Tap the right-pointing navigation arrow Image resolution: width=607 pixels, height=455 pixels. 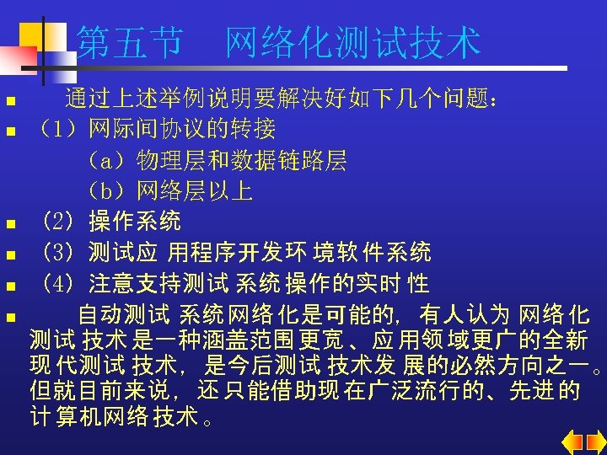[594, 442]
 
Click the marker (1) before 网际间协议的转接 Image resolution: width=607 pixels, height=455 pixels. [59, 130]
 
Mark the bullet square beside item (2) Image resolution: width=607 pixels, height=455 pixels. [10, 225]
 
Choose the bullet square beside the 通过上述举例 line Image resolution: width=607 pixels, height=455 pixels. [10, 101]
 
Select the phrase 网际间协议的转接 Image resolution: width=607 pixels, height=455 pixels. [181, 130]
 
